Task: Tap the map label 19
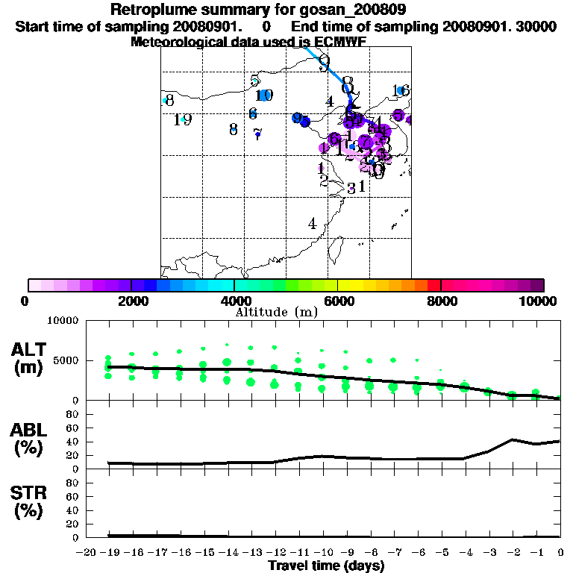tap(183, 119)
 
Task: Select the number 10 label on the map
tap(264, 95)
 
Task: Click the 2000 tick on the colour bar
tap(131, 301)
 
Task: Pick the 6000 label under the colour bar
tap(338, 301)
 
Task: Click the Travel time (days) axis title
tap(326, 566)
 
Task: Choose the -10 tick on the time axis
tap(322, 553)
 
